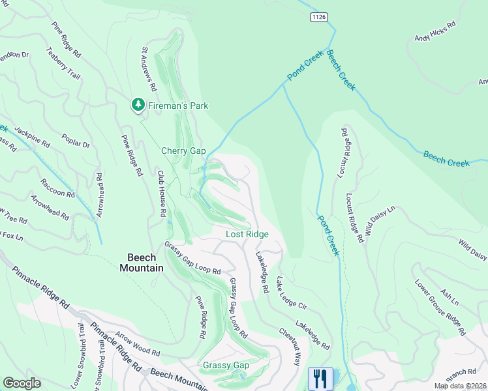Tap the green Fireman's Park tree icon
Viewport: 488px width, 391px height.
(x=138, y=105)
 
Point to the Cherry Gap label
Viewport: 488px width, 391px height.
(x=183, y=151)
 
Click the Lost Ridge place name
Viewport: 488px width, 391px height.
(x=247, y=234)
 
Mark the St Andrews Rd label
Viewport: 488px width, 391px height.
(x=147, y=68)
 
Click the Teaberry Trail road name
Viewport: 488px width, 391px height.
(x=63, y=63)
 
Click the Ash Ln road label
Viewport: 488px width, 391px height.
(x=450, y=294)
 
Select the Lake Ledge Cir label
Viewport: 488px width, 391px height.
(x=291, y=293)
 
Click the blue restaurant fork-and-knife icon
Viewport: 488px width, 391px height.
(x=320, y=378)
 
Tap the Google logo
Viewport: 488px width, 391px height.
(x=22, y=383)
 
